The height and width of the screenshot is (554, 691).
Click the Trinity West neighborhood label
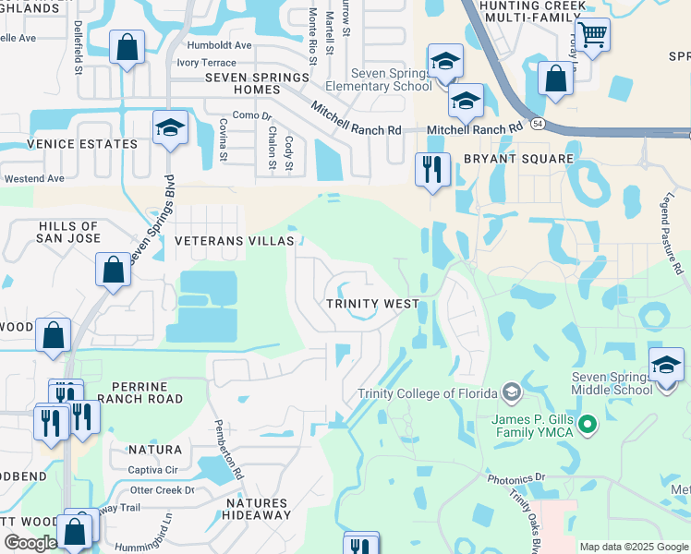372,304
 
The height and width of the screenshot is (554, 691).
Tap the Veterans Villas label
235,241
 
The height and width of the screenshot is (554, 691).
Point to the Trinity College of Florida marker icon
512,393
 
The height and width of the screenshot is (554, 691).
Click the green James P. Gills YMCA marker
585,426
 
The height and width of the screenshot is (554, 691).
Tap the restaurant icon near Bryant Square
432,170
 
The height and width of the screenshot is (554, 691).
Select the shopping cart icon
592,36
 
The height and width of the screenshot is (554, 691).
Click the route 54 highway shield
537,122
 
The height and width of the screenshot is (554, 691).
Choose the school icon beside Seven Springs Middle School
666,365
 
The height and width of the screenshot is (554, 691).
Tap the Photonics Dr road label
516,477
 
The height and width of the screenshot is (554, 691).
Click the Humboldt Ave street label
218,44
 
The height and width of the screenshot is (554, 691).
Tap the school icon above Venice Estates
170,127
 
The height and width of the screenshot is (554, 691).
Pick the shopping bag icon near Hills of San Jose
113,271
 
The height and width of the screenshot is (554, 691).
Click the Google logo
30,543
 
